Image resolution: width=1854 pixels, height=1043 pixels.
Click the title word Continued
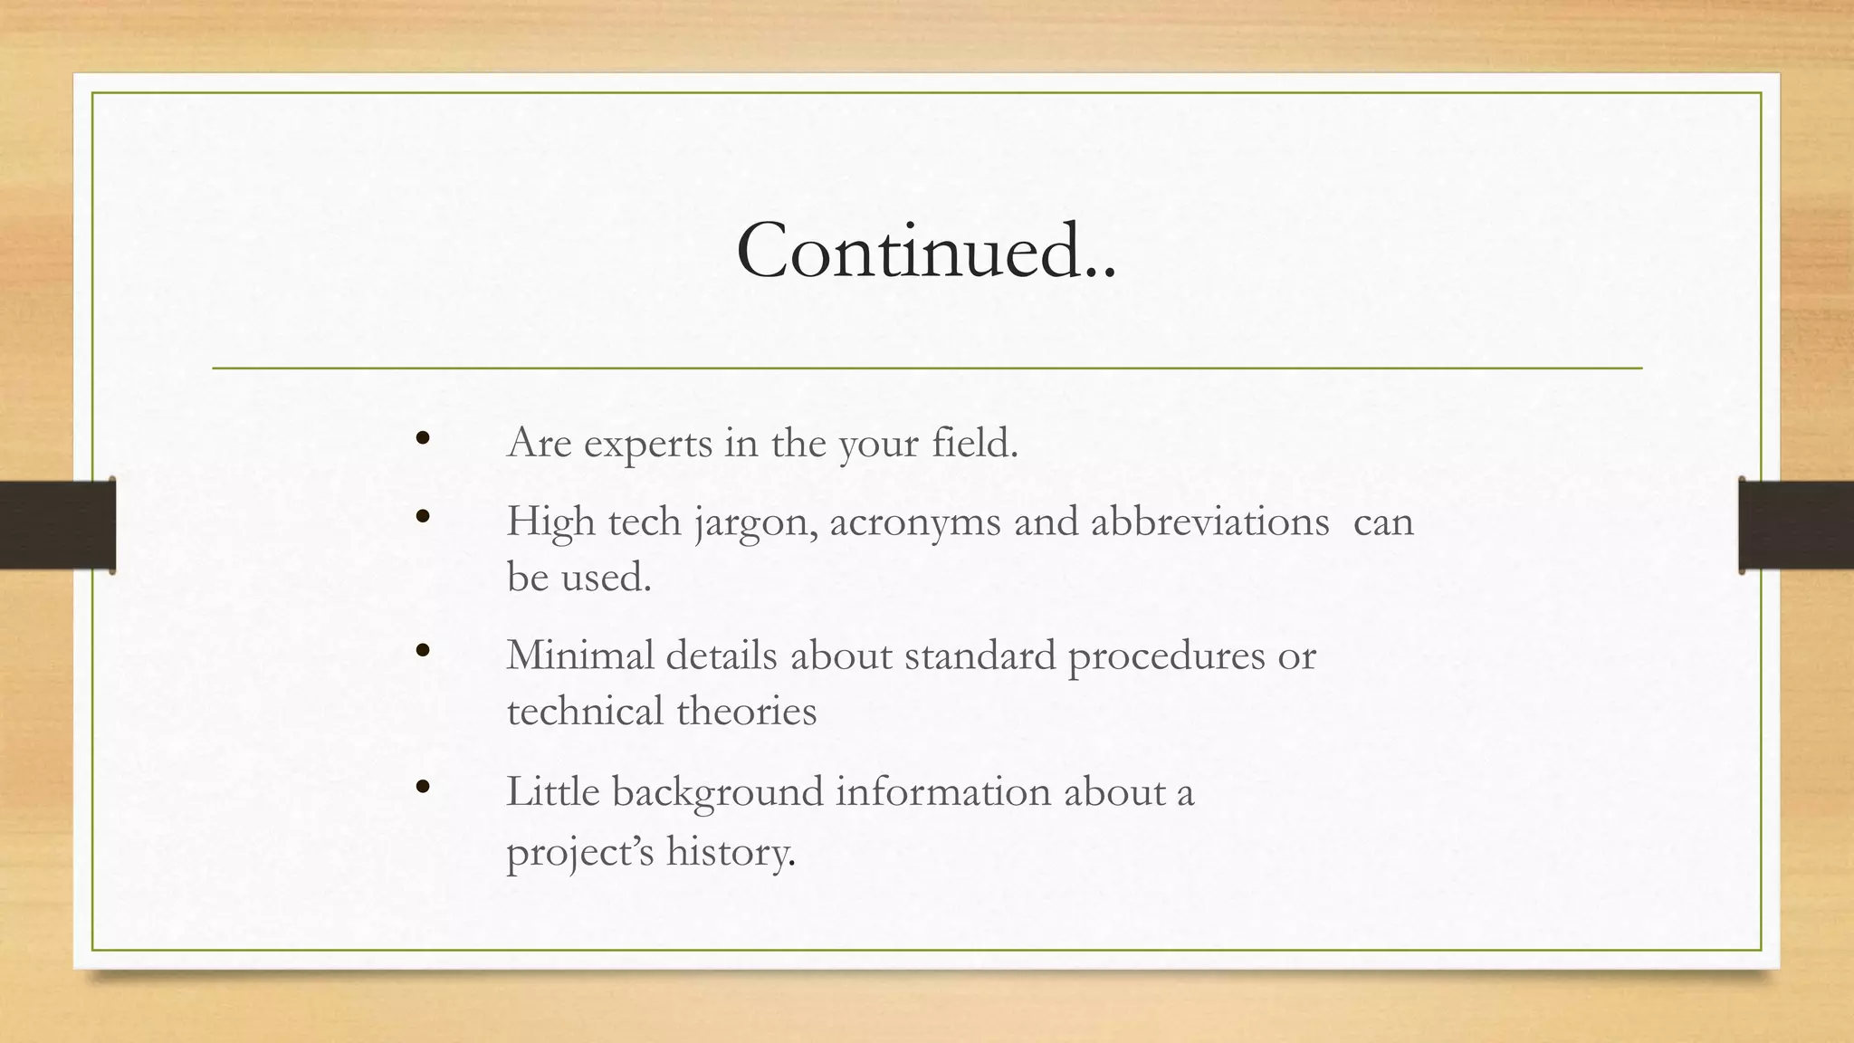925,250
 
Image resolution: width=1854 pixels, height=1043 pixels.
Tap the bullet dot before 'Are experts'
422,439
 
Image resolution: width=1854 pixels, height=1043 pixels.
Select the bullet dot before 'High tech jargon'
422,517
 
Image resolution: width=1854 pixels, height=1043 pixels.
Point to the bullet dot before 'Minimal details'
422,650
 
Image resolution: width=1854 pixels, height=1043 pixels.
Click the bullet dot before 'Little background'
422,787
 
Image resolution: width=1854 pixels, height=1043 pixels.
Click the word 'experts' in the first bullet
648,445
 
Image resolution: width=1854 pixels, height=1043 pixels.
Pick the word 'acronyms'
915,522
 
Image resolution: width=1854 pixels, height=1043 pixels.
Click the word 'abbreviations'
1209,521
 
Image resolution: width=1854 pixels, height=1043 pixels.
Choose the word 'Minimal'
579,655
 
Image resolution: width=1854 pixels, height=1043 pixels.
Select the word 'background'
718,792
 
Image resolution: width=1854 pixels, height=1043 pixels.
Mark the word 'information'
943,791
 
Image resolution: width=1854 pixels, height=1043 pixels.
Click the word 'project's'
579,852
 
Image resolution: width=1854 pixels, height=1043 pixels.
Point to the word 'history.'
731,851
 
